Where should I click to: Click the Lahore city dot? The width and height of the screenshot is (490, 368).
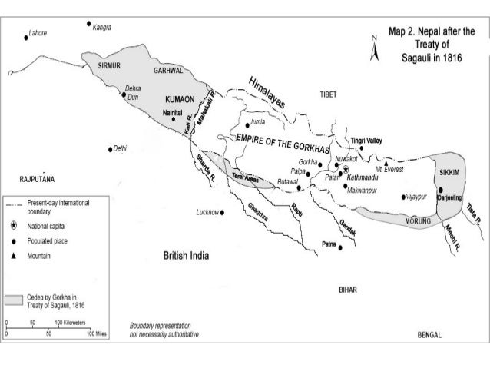[x=25, y=38]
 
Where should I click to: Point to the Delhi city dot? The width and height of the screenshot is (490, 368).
[x=111, y=148]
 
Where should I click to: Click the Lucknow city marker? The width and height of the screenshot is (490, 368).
[x=223, y=212]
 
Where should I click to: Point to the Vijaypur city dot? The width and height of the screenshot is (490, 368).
[x=403, y=197]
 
